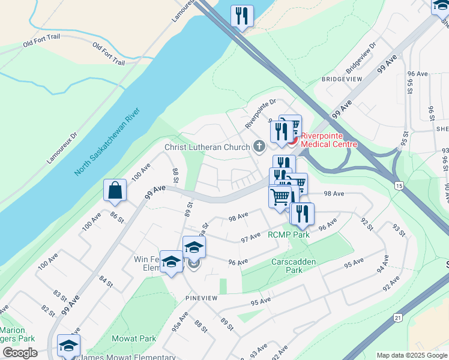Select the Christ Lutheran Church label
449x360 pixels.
pos(208,147)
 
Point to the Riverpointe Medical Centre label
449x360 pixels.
pos(328,140)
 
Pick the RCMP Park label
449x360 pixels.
pos(289,235)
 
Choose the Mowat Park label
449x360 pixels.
pos(134,338)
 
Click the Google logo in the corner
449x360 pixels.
pos(19,353)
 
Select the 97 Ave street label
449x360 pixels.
pos(250,236)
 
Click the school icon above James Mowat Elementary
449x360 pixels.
pos(68,346)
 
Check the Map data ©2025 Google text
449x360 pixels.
pos(412,355)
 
